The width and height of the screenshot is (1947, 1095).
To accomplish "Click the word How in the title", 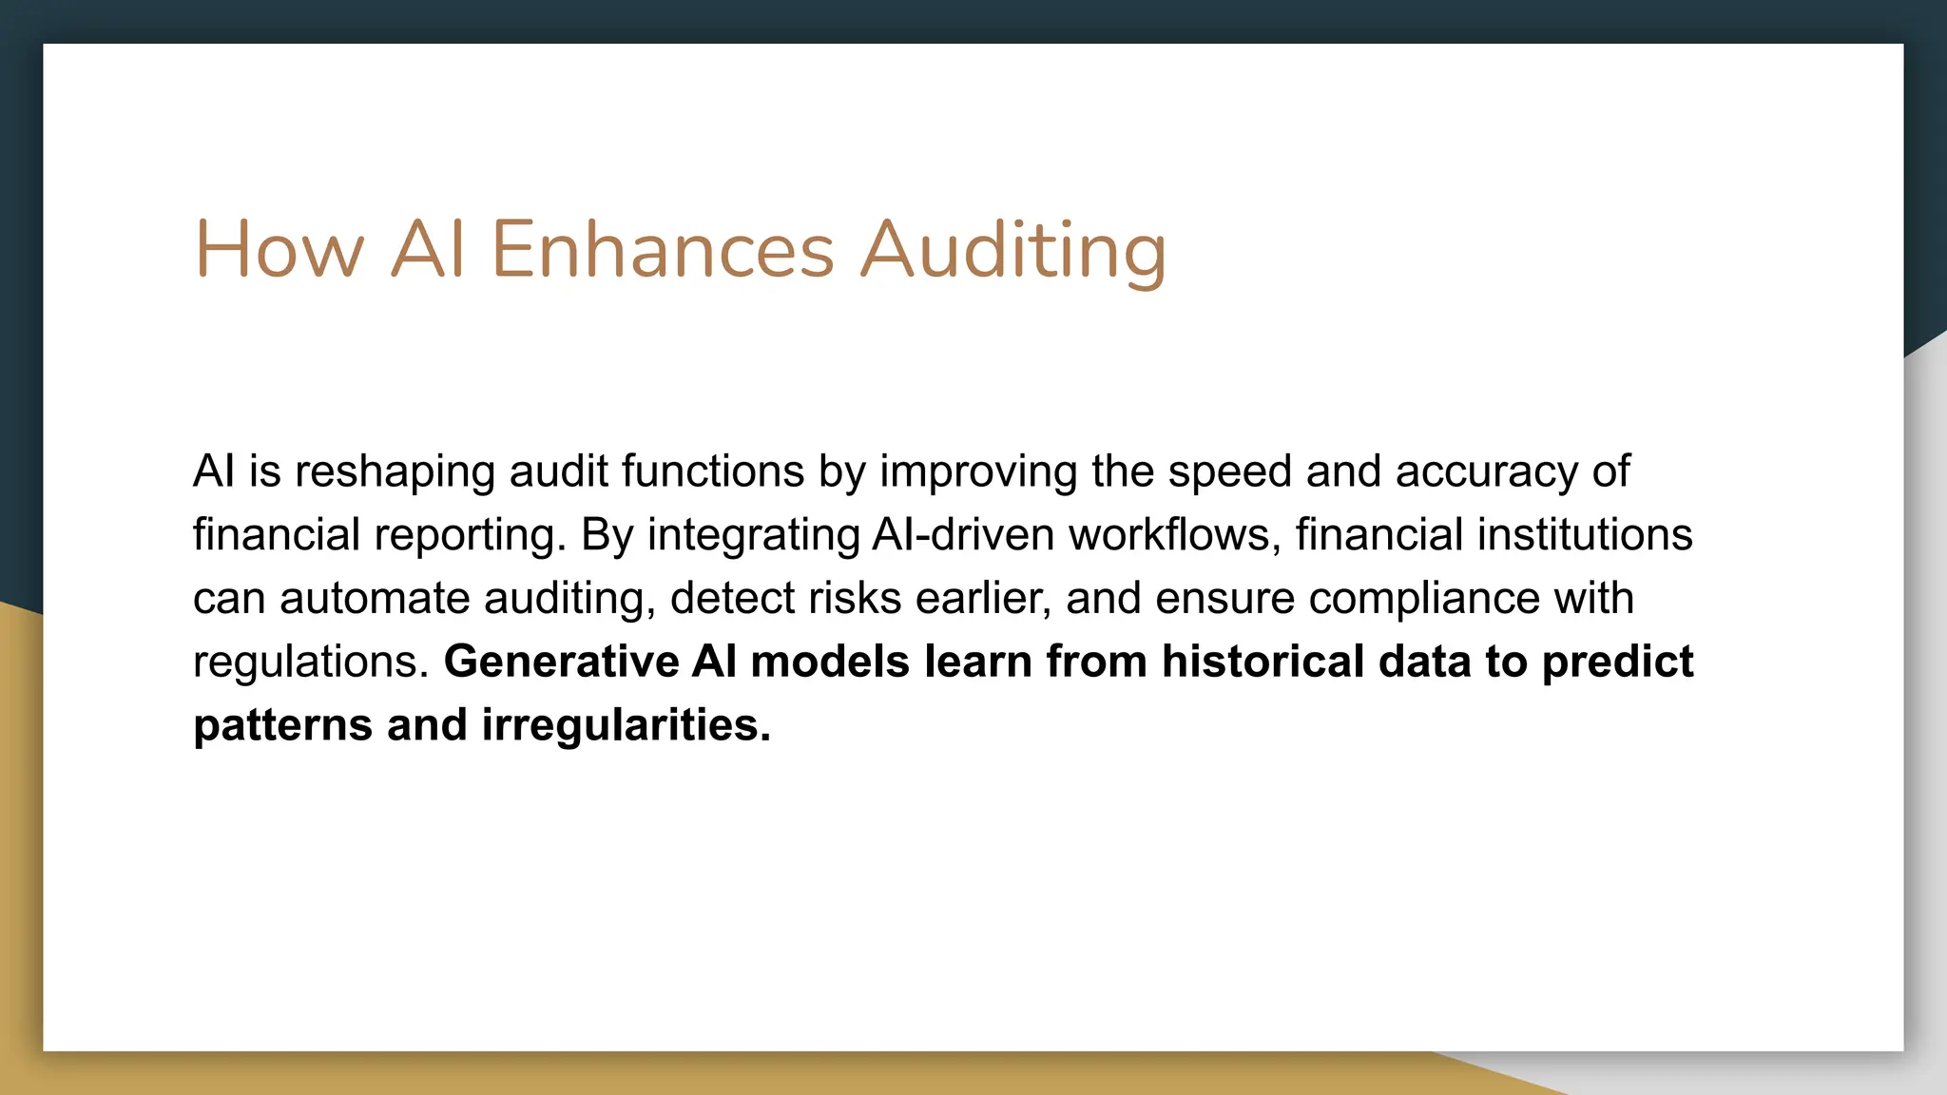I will pyautogui.click(x=280, y=250).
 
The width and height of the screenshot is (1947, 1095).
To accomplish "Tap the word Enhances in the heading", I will pyautogui.click(x=663, y=250).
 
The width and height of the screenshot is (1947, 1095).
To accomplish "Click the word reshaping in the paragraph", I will pyautogui.click(x=395, y=472).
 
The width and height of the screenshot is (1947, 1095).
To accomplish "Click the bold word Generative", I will pyautogui.click(x=561, y=662).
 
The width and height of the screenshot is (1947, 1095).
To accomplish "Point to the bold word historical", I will pyautogui.click(x=1263, y=662).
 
